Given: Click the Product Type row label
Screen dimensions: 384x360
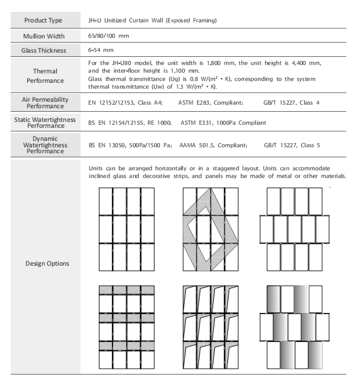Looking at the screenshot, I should point(43,21).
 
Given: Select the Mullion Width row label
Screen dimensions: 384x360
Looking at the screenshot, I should point(43,36).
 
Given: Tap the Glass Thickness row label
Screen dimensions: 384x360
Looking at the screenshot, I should point(43,51).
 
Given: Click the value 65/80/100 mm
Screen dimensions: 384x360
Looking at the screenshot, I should point(108,36).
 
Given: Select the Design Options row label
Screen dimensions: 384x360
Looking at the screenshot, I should point(47,263).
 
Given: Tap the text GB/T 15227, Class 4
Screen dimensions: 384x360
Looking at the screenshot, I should point(291,103).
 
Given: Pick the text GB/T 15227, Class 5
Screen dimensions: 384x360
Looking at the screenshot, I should point(291,145).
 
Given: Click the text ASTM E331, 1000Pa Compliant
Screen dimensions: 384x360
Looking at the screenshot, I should point(223,123).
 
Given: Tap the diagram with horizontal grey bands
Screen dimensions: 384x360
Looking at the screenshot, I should point(127,327).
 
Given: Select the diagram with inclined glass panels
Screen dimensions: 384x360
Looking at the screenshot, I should point(210,327).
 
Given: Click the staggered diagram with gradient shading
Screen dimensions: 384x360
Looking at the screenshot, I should point(294,327).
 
